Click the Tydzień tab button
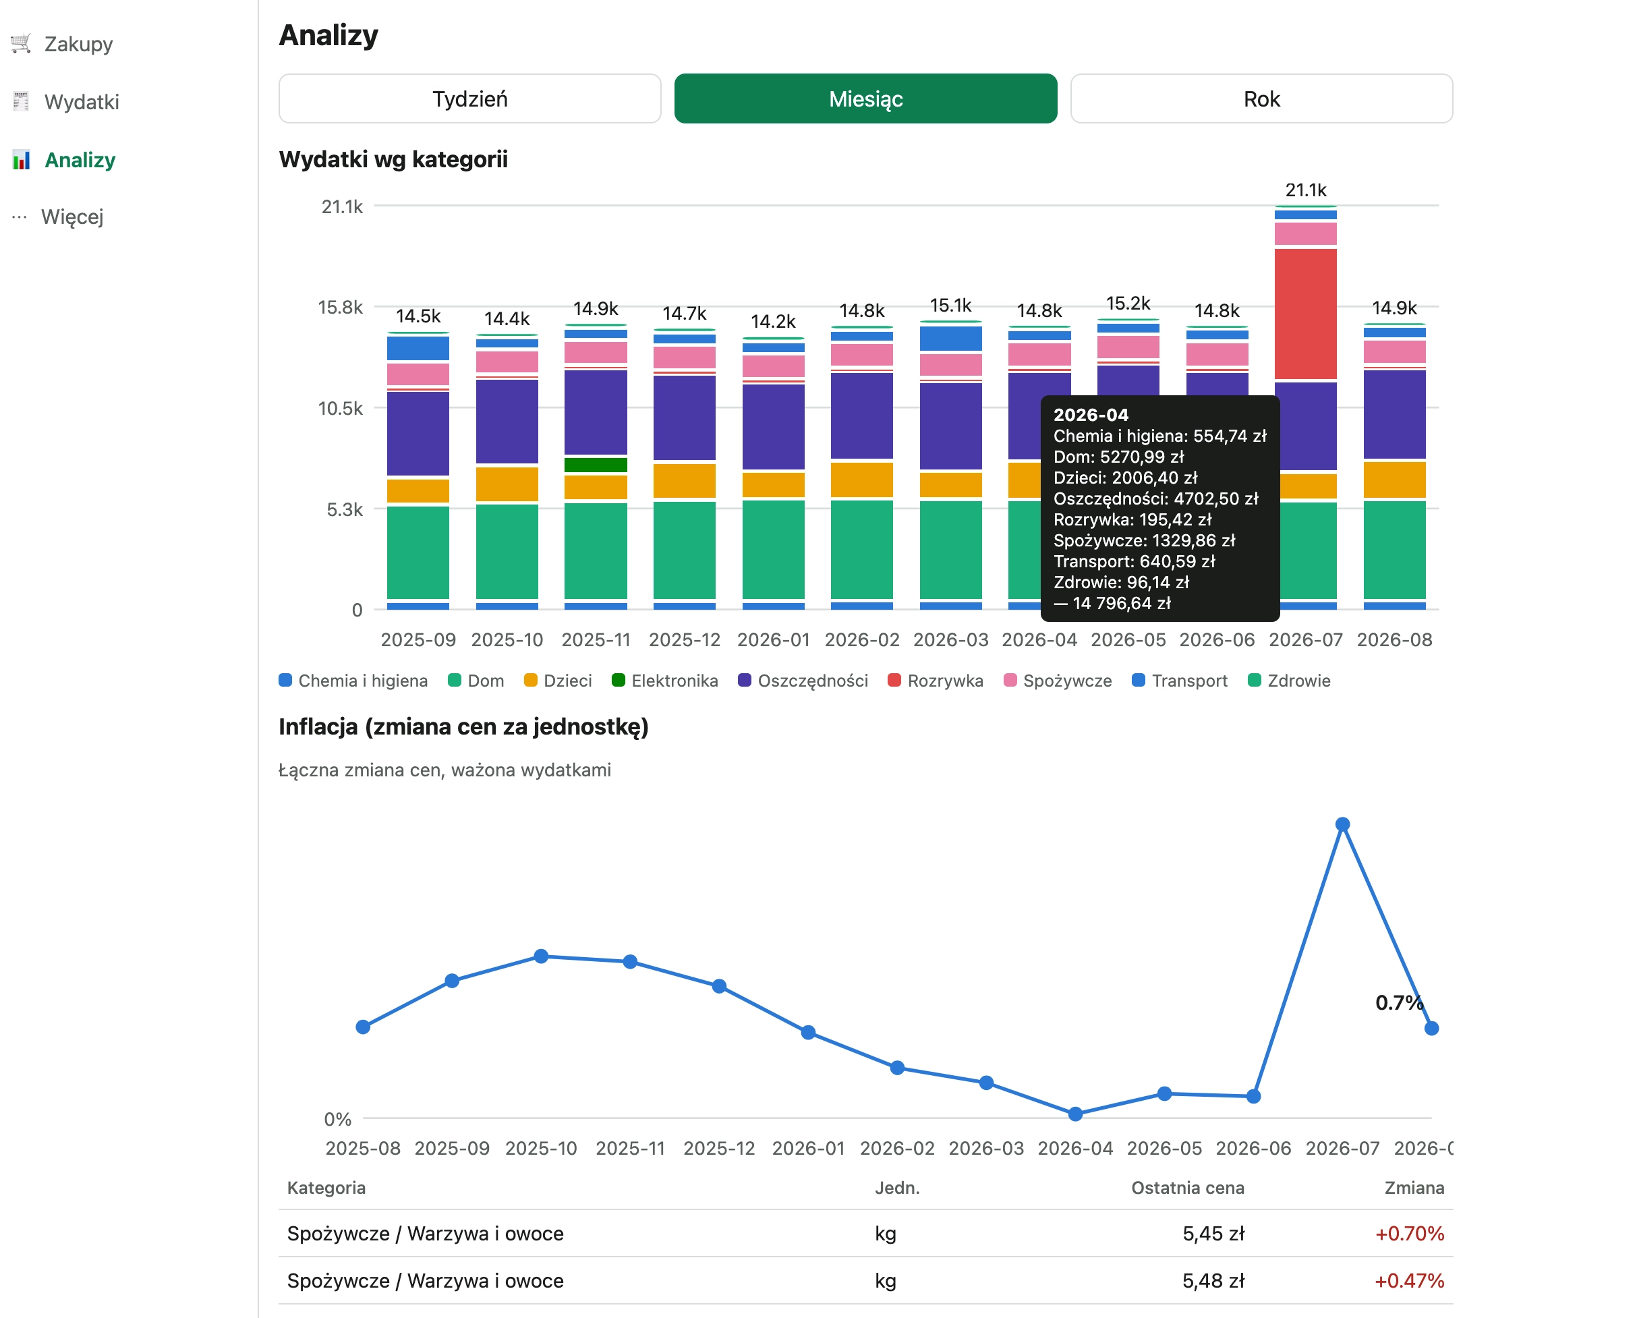470,98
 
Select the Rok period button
1261,98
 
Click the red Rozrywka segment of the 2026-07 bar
1306,314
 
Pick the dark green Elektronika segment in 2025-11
596,465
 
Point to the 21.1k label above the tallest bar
1306,190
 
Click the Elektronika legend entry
665,681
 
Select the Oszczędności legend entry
803,681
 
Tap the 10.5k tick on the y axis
340,409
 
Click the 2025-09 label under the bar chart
418,640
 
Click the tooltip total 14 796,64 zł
1113,604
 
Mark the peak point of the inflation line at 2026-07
1343,824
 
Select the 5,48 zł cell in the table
1213,1281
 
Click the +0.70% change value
1410,1234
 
